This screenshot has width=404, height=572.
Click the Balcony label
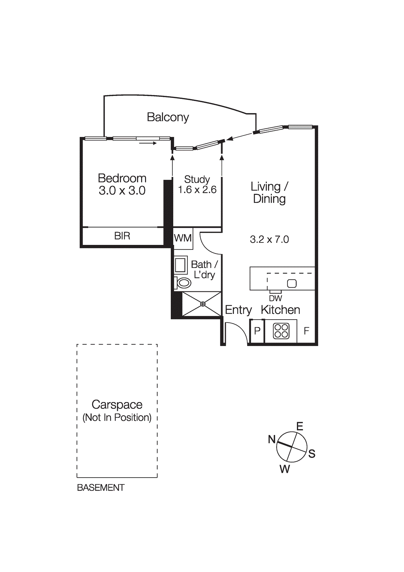(168, 117)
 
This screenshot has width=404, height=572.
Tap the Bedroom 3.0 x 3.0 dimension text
(122, 191)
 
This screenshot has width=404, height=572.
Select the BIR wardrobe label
(122, 236)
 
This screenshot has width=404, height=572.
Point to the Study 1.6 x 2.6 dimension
(197, 190)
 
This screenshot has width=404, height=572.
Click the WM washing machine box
(183, 238)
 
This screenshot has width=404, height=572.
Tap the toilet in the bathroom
(184, 283)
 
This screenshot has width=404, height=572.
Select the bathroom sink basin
(180, 265)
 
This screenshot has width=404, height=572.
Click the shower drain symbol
(203, 304)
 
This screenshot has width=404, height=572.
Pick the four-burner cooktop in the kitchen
(281, 331)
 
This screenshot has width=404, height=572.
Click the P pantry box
(257, 331)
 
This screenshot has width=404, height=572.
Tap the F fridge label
(306, 331)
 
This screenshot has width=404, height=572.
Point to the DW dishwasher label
(275, 299)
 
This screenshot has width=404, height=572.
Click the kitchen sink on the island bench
(292, 283)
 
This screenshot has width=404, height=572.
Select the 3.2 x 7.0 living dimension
(269, 240)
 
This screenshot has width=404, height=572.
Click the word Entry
(238, 310)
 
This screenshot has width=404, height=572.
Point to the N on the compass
(272, 439)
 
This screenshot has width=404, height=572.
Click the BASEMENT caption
(101, 488)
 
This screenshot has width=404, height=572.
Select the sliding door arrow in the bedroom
(148, 143)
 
